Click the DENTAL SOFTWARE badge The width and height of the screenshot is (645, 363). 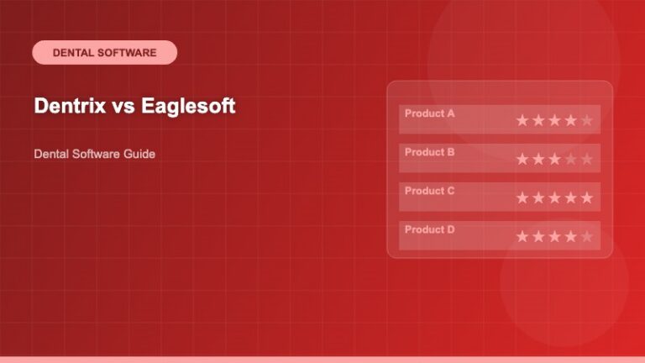pyautogui.click(x=104, y=52)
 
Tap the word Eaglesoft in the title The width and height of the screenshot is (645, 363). pyautogui.click(x=188, y=107)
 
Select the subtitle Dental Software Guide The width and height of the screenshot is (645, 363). pyautogui.click(x=95, y=155)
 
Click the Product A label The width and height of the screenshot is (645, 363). pyautogui.click(x=429, y=113)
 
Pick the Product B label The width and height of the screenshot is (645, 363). pyautogui.click(x=429, y=152)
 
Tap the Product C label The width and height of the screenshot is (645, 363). pyautogui.click(x=429, y=191)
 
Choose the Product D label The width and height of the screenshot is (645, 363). pyautogui.click(x=429, y=229)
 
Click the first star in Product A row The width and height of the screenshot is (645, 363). pyautogui.click(x=522, y=120)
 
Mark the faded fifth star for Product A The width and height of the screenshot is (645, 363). pyautogui.click(x=586, y=120)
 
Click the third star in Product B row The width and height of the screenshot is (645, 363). pyautogui.click(x=554, y=159)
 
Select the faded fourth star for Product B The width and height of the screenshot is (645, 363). pyautogui.click(x=570, y=159)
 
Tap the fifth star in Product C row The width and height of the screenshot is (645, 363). pyautogui.click(x=586, y=197)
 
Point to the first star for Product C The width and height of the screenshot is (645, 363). pyautogui.click(x=522, y=197)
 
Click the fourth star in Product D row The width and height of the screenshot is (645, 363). pyautogui.click(x=570, y=236)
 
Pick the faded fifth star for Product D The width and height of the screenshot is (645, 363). pyautogui.click(x=586, y=236)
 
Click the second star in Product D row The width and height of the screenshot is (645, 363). pyautogui.click(x=538, y=236)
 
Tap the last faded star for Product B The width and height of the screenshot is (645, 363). pyautogui.click(x=586, y=159)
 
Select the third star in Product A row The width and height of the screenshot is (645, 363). pyautogui.click(x=554, y=120)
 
